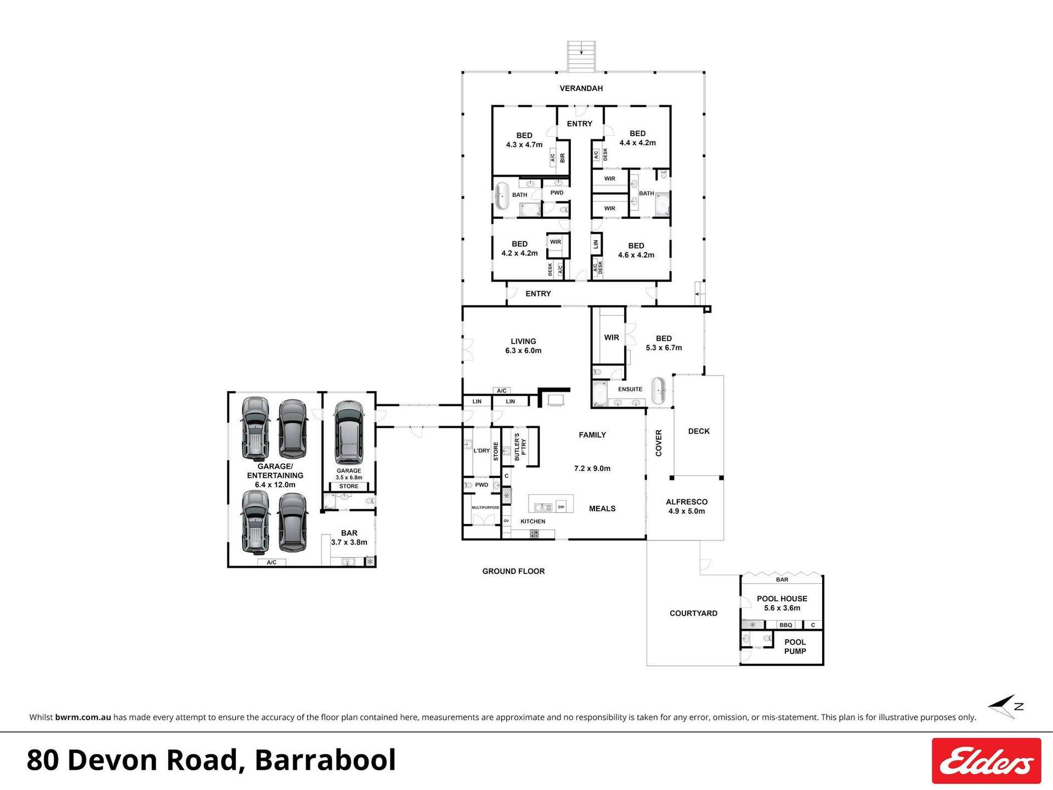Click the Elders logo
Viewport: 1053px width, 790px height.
(986, 760)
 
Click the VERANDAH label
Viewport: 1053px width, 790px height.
(581, 88)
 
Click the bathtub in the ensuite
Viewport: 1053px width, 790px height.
(658, 391)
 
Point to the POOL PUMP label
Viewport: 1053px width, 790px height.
(795, 646)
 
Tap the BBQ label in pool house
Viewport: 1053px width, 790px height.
(785, 625)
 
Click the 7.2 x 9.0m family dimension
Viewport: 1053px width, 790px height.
(592, 469)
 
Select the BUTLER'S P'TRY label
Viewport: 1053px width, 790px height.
(520, 446)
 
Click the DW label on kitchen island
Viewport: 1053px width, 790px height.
(561, 507)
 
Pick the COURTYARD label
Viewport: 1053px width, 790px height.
(693, 613)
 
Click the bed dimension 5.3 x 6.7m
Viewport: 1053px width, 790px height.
(664, 348)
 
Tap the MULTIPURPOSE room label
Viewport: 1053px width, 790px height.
(485, 507)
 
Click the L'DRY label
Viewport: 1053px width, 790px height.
(482, 450)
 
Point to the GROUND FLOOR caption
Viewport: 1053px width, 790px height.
(513, 571)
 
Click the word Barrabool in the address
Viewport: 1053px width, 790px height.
(325, 760)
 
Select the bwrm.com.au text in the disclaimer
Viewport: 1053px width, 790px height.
(83, 717)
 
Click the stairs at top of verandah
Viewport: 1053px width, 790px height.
(581, 56)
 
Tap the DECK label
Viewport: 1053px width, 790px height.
(698, 431)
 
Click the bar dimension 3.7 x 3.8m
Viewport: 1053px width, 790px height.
(349, 542)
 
